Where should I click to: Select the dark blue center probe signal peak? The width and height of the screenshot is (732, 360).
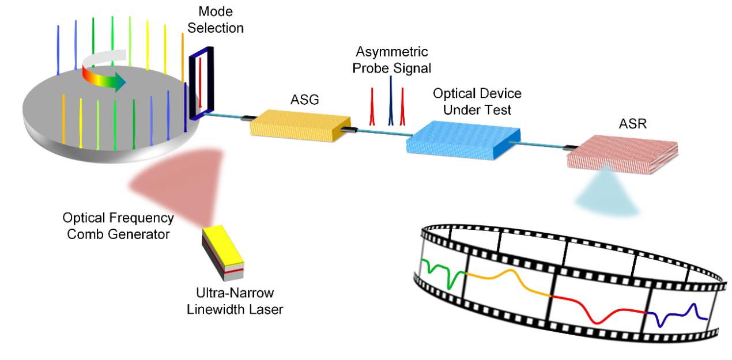coord(390,101)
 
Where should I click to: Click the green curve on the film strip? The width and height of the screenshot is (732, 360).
coord(447,271)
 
